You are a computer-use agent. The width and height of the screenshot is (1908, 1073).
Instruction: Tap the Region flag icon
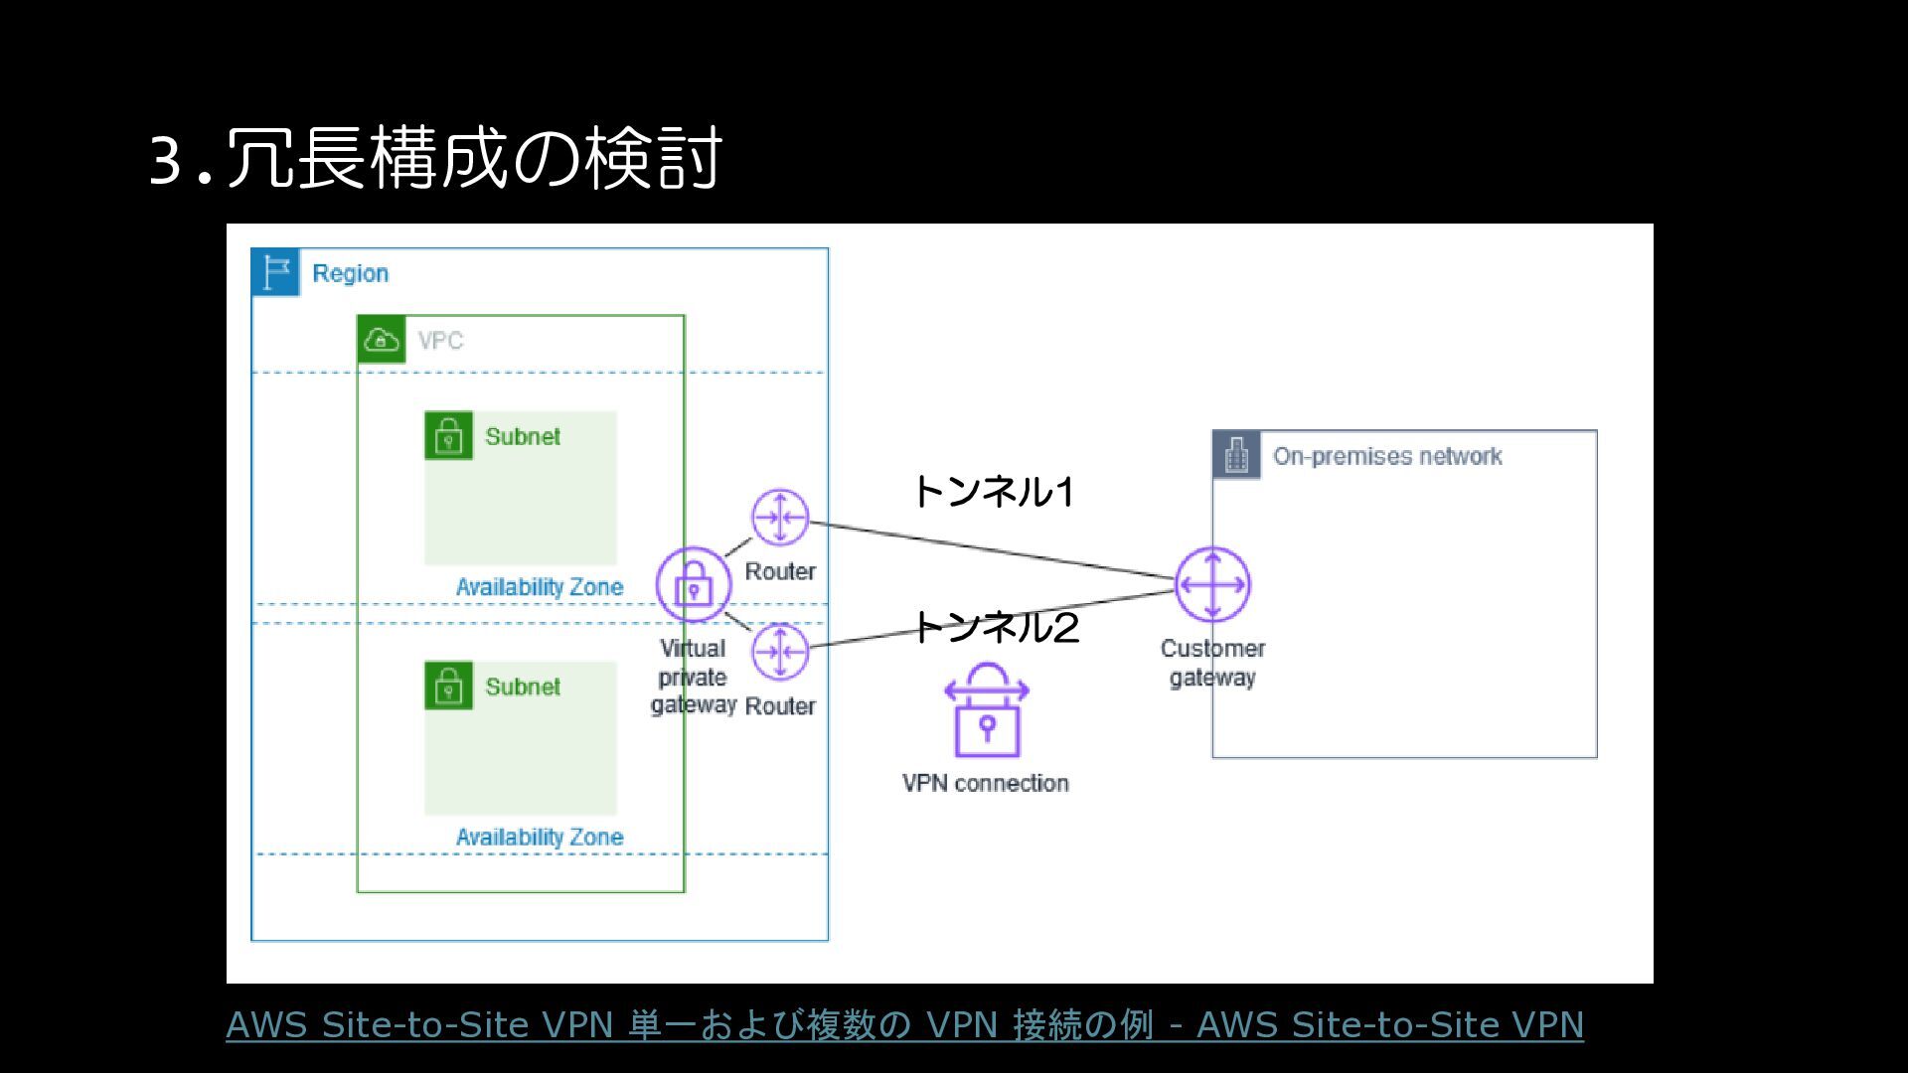click(275, 272)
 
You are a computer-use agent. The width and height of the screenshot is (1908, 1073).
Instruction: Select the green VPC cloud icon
click(382, 340)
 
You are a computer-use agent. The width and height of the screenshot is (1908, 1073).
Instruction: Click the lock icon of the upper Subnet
click(448, 435)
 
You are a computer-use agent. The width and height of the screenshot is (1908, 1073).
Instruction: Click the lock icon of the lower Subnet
click(448, 686)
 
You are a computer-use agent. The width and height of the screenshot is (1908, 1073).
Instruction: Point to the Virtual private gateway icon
click(693, 585)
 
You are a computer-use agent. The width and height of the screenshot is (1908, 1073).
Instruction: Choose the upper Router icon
click(780, 517)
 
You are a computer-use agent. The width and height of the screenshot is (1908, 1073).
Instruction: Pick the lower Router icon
click(780, 652)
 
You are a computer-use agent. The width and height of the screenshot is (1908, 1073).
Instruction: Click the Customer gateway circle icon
click(1212, 584)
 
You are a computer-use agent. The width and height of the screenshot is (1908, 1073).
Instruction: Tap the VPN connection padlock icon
click(986, 711)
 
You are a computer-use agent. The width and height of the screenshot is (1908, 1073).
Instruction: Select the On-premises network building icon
click(1237, 455)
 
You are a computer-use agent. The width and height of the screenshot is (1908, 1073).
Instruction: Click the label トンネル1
click(993, 492)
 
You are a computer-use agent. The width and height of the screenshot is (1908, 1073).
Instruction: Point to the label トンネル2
click(995, 627)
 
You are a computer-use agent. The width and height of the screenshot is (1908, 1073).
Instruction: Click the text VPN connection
click(985, 783)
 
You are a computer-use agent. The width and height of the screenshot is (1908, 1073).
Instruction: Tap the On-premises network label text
click(1387, 456)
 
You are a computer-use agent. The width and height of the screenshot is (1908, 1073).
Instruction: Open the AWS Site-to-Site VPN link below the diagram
click(904, 1024)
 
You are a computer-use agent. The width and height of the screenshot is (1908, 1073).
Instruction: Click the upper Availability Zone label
click(540, 587)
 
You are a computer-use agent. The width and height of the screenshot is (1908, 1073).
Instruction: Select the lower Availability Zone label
click(540, 838)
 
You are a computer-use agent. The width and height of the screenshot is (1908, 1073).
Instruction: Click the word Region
click(350, 273)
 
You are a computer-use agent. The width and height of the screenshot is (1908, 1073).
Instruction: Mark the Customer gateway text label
click(1212, 663)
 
